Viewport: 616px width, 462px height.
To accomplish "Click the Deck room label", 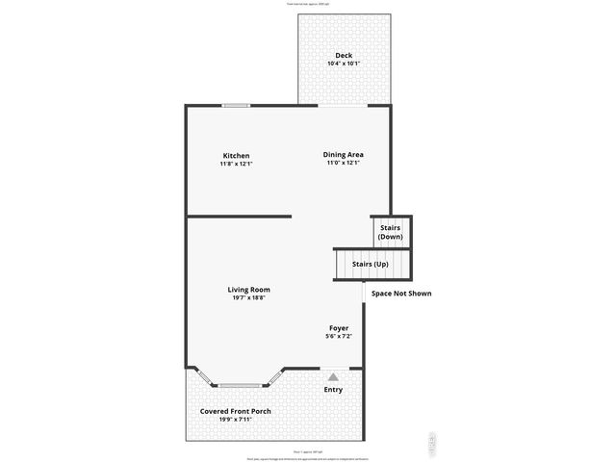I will pos(344,55).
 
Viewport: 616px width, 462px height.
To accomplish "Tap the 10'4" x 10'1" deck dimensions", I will pos(344,64).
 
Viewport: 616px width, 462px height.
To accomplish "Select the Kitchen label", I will pos(236,155).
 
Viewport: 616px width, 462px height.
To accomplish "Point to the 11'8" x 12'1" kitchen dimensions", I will pos(236,164).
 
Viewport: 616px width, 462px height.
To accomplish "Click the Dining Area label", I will pos(343,154).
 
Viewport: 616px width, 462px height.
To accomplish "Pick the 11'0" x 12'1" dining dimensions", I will pos(343,163).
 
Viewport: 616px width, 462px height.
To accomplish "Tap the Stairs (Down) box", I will pos(391,232).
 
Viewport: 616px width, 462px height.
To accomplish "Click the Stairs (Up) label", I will pos(371,264).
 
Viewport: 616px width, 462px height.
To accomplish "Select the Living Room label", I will pos(248,289).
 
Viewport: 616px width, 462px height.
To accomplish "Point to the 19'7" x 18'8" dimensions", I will pos(248,297).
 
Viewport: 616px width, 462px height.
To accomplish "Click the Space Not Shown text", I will pos(401,293).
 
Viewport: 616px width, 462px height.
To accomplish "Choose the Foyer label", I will pos(338,327).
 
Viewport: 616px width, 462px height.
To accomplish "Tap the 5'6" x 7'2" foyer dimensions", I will pos(338,336).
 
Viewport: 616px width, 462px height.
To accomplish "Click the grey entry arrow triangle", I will pos(333,377).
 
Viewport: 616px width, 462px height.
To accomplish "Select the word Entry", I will pos(333,390).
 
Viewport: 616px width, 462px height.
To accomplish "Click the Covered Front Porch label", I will pos(236,411).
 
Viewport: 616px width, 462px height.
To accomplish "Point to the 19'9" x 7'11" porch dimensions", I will pos(236,420).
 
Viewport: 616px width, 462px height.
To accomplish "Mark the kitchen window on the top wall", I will pos(236,105).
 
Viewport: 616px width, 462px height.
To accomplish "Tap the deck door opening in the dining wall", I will pos(344,105).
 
